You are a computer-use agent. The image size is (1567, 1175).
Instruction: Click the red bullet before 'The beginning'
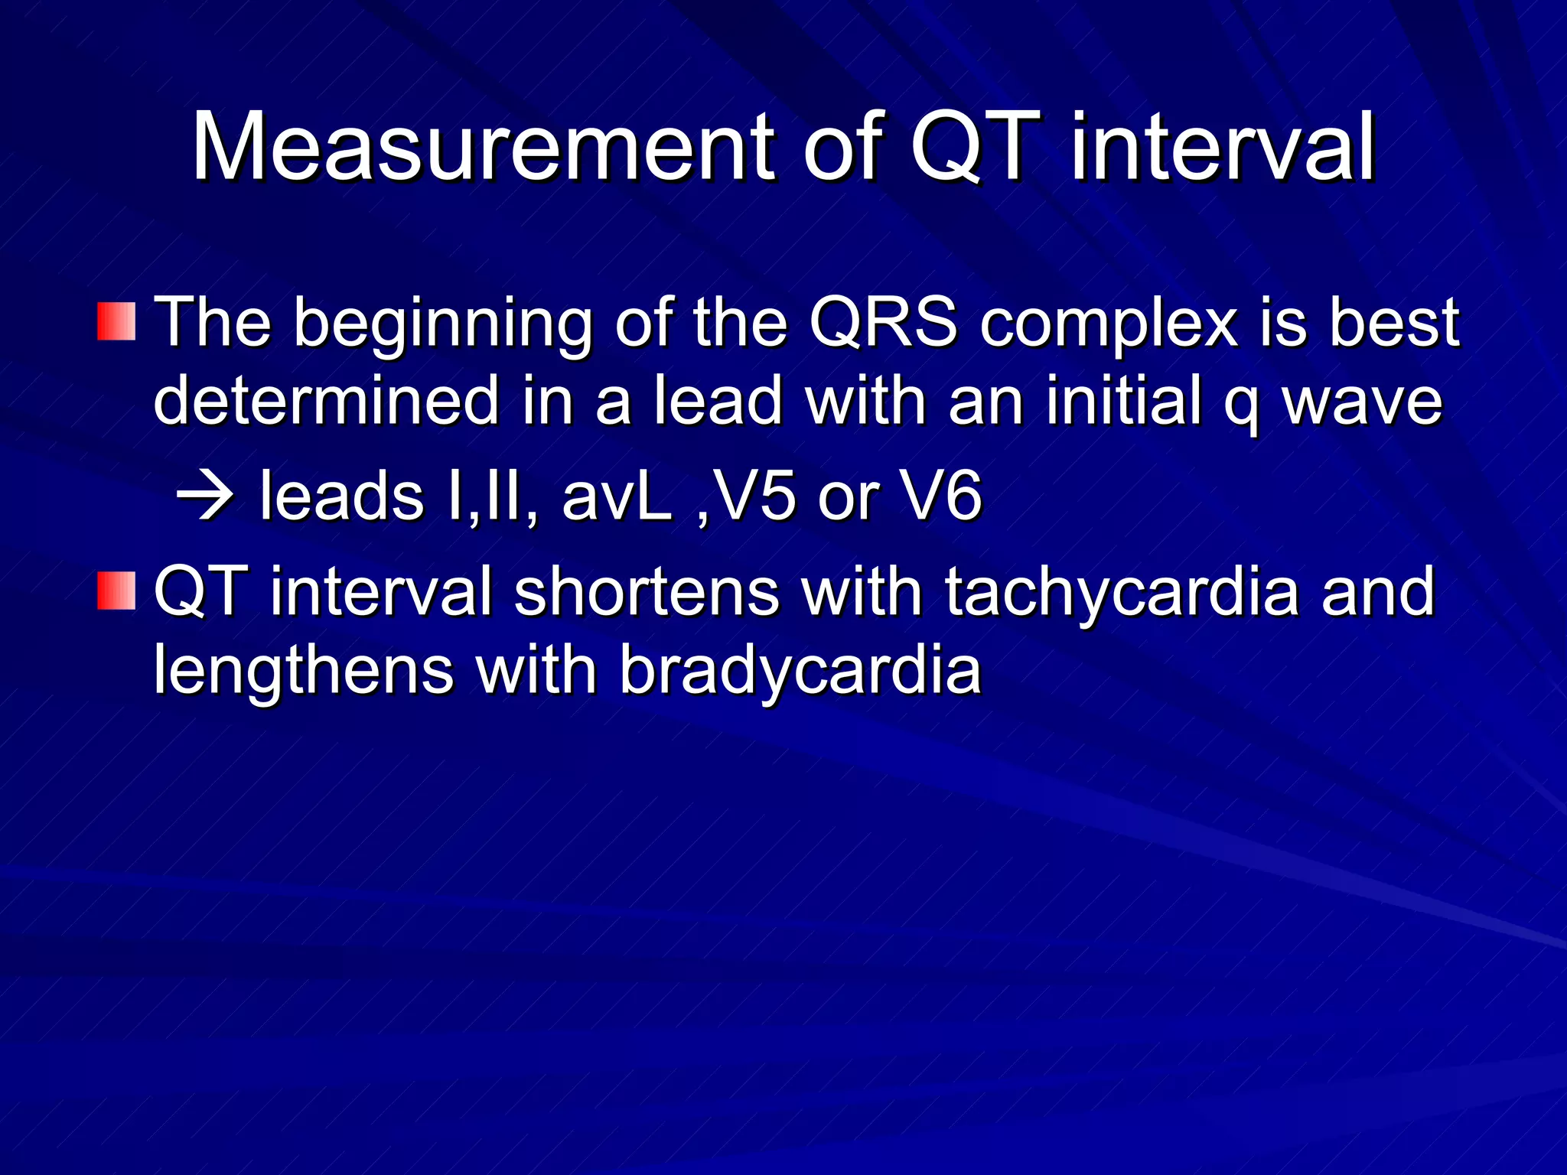pos(116,321)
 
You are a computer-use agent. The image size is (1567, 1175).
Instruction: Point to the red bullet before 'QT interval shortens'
pos(116,591)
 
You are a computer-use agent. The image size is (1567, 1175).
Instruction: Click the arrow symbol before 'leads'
pos(204,497)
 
